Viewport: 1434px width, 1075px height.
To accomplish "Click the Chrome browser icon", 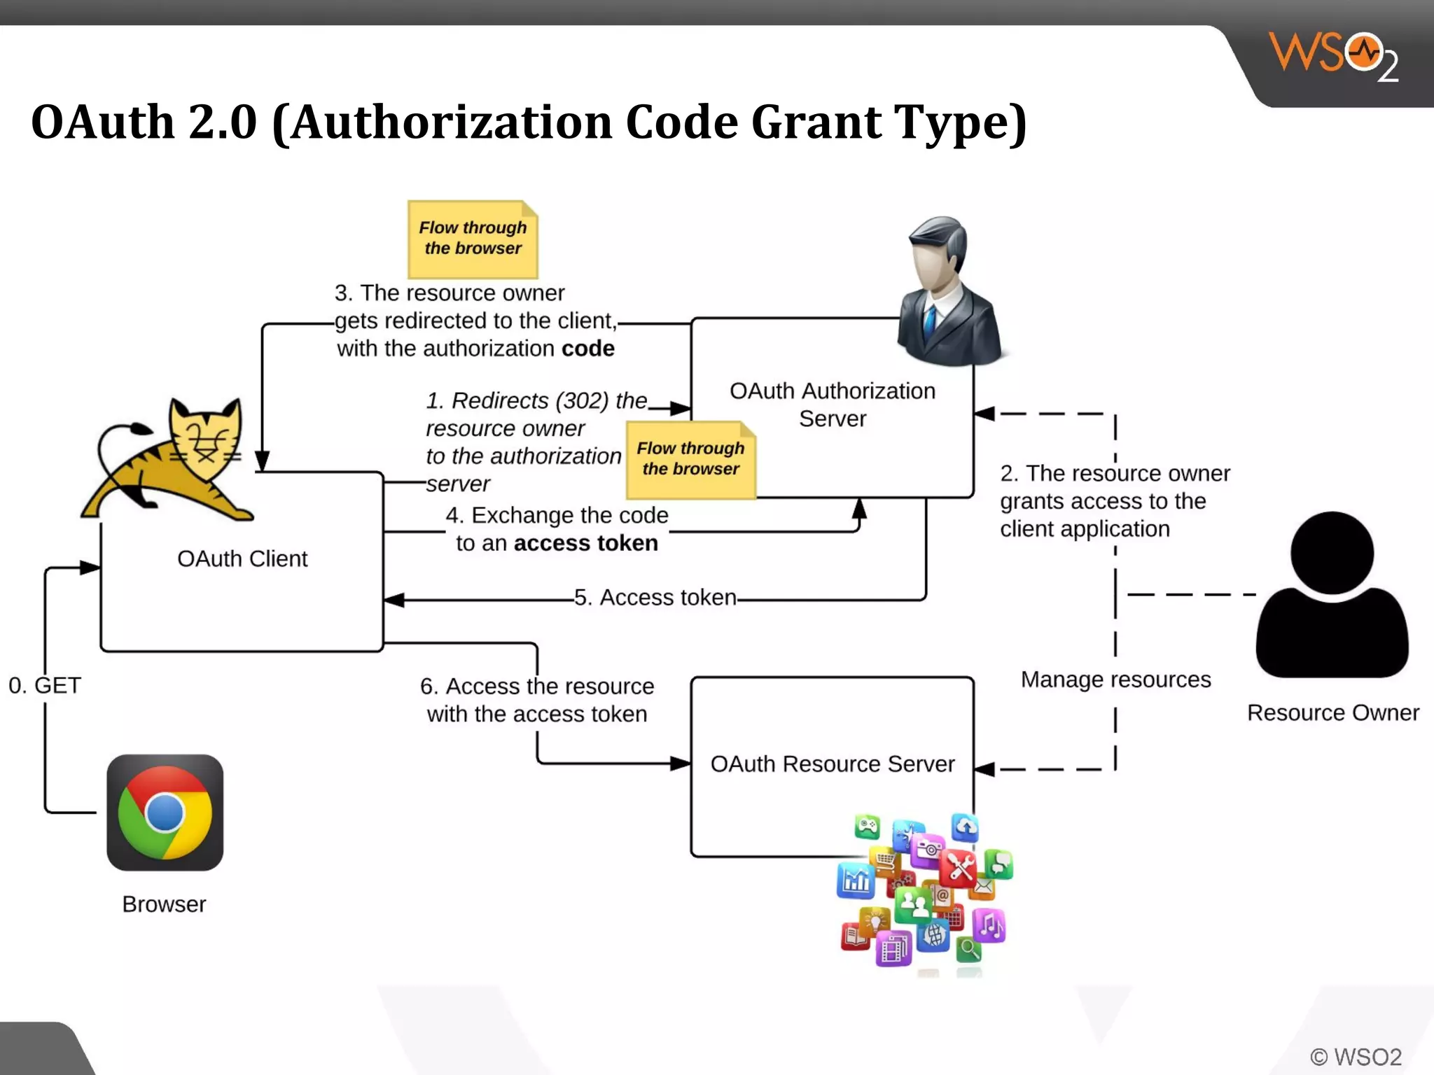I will [x=165, y=813].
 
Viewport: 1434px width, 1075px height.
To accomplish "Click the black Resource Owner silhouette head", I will [x=1332, y=553].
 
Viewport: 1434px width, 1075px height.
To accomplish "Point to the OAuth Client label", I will [x=242, y=558].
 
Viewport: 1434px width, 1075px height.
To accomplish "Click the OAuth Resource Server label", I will [x=833, y=764].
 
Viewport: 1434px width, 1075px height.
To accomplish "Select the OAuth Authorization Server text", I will [x=833, y=405].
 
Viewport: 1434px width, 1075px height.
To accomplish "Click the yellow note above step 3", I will [x=473, y=239].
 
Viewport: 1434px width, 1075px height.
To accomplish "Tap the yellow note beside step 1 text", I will [x=691, y=460].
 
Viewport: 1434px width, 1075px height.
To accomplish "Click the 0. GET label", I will [x=45, y=685].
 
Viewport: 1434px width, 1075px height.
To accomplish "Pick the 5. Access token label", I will [x=655, y=598].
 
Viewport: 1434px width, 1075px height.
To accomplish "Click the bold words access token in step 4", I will [x=586, y=543].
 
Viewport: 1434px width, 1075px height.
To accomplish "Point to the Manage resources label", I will [x=1115, y=680].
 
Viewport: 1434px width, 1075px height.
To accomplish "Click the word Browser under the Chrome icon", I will [x=164, y=904].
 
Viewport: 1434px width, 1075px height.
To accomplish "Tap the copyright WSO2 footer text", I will [x=1356, y=1056].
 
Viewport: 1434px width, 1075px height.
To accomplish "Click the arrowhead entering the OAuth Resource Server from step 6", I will [x=681, y=764].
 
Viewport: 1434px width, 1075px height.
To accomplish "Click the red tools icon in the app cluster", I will [x=959, y=868].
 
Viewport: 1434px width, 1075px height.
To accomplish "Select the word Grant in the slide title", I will [x=816, y=122].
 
